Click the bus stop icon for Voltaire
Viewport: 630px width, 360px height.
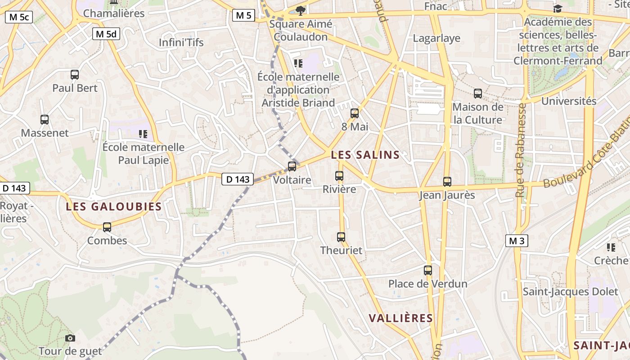[292, 166]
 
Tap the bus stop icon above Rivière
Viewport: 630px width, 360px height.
[339, 176]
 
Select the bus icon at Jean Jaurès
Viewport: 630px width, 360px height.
[447, 182]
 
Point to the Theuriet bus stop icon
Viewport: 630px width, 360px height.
[341, 237]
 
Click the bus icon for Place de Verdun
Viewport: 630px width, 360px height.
[428, 270]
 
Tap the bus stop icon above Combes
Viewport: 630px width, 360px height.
[107, 227]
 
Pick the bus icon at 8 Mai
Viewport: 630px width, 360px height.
[355, 113]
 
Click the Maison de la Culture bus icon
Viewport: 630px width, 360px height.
[478, 94]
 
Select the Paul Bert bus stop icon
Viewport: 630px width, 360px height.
[75, 75]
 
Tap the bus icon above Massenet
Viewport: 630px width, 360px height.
[45, 120]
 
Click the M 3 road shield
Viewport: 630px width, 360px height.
[516, 241]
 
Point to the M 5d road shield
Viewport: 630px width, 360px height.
[106, 34]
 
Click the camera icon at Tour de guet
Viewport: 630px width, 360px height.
[70, 338]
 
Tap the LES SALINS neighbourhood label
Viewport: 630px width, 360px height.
[365, 155]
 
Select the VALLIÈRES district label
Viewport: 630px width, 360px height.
[400, 318]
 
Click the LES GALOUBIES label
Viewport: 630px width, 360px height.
[113, 207]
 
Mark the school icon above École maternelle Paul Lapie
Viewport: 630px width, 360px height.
[143, 134]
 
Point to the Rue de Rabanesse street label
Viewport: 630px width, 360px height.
[521, 150]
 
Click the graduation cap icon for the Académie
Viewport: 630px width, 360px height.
[558, 9]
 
